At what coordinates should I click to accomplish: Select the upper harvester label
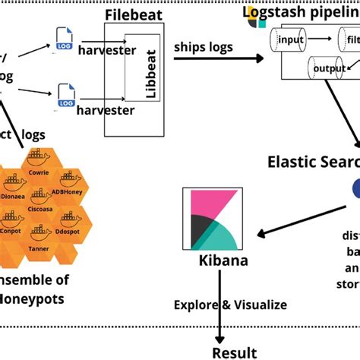pos(108,50)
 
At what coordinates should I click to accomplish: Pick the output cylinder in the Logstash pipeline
pos(328,68)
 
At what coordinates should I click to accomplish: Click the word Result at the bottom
pos(234,352)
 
